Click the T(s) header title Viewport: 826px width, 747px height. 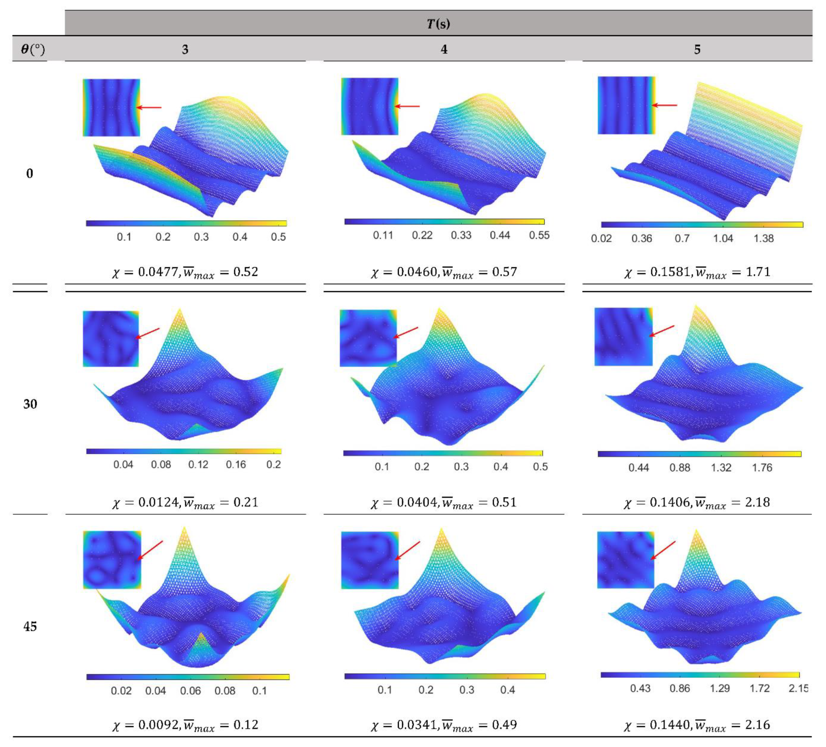[x=438, y=24]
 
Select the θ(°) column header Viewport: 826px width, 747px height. [x=33, y=50]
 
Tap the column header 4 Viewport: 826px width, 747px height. [x=444, y=50]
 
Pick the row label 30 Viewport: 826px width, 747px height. [x=30, y=404]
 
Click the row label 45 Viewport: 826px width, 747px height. [x=30, y=626]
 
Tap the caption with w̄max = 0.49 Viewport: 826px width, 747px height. [x=444, y=725]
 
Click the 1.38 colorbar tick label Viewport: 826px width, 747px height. [x=763, y=239]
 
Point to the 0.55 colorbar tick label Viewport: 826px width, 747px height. [x=539, y=235]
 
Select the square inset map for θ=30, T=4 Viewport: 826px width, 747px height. [x=368, y=338]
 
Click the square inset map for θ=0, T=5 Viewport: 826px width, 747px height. [x=626, y=105]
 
